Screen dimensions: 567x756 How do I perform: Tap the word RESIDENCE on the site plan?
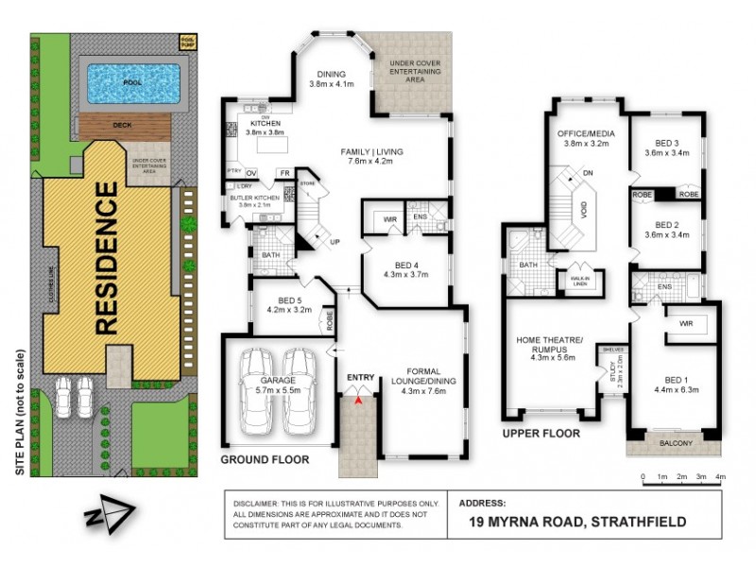(106, 259)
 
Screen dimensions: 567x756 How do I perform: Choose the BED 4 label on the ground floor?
(408, 265)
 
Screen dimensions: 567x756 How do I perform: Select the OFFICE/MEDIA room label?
(586, 137)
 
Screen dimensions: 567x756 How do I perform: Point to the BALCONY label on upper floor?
(675, 443)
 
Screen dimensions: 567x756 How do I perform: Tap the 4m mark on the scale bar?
(721, 476)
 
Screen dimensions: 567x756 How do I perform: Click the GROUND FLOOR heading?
(264, 459)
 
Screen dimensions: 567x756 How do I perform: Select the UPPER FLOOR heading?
(541, 434)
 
